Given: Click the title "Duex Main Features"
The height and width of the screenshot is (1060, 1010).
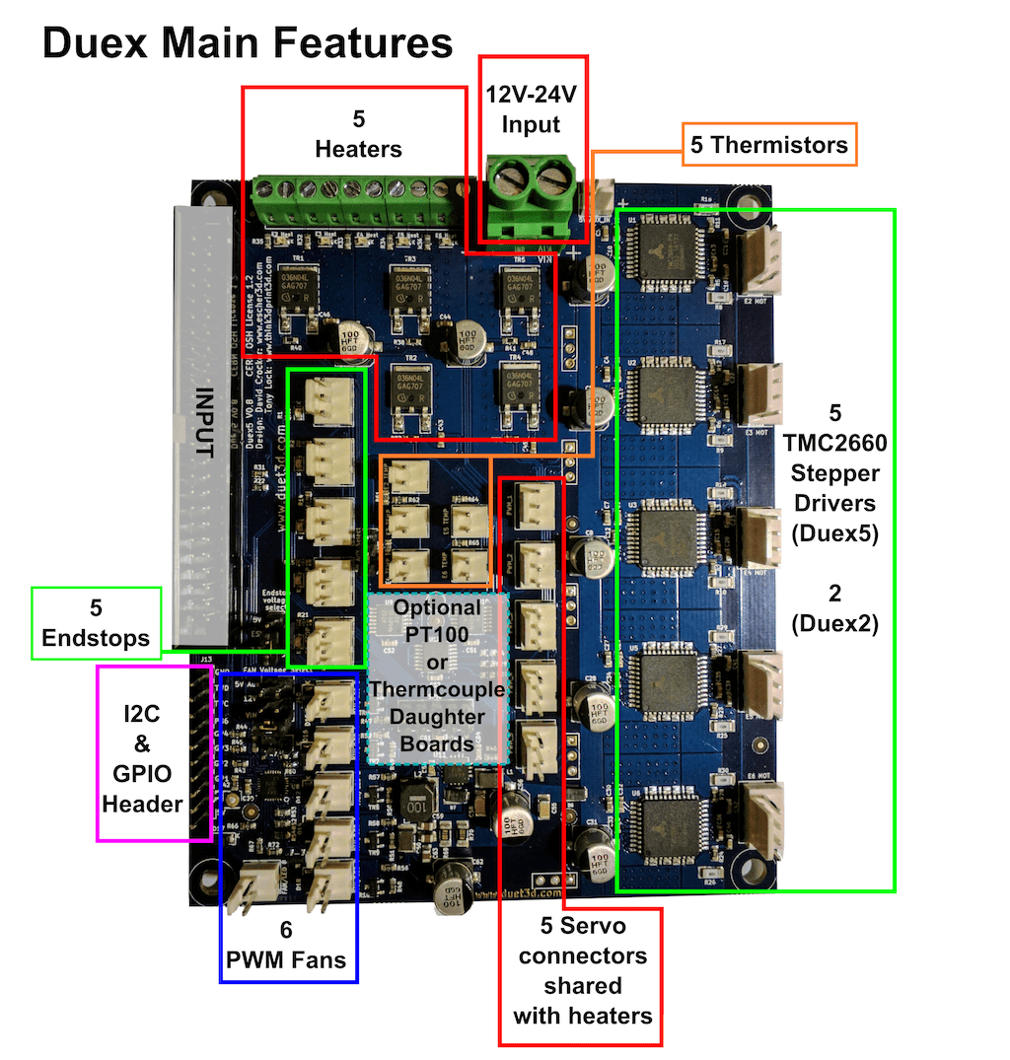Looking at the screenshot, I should coord(248,44).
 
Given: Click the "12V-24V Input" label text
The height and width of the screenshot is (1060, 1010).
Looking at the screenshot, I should coord(531,109).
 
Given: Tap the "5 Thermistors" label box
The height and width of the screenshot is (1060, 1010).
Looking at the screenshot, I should coord(768,146).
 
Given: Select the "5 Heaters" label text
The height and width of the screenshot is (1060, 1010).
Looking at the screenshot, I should coord(358,134).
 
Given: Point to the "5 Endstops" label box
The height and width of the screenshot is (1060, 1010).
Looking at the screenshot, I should coord(96,622).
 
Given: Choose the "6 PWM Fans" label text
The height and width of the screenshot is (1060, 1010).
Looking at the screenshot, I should coord(288,944).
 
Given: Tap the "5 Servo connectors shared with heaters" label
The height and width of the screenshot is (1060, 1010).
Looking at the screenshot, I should coord(582,970).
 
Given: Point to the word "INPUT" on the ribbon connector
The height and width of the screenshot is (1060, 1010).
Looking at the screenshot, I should coord(204,425).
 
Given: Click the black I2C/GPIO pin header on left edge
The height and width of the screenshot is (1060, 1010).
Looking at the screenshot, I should coord(207,749).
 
